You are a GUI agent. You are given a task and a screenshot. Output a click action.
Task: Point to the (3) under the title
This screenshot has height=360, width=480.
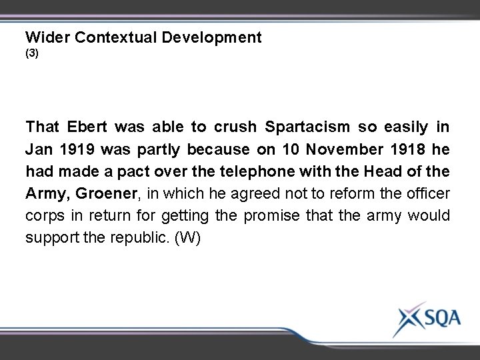point(32,54)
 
